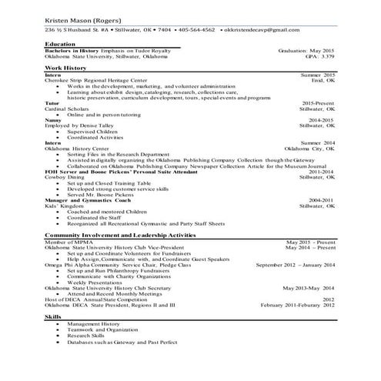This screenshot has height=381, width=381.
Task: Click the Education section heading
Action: pyautogui.click(x=61, y=45)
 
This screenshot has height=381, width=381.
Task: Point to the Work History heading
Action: pyautogui.click(x=65, y=69)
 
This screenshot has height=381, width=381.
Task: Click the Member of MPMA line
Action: pyautogui.click(x=72, y=241)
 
